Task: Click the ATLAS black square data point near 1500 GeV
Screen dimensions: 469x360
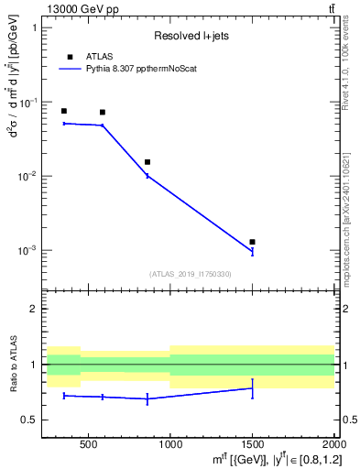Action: (x=252, y=242)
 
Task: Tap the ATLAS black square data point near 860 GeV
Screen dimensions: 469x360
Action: (x=147, y=162)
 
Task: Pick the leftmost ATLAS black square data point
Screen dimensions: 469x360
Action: (x=63, y=111)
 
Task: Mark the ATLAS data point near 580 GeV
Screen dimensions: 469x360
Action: (x=102, y=112)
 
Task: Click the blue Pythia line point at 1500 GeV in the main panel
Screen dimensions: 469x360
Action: (x=252, y=251)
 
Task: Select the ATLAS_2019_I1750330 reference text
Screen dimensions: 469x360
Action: (x=190, y=274)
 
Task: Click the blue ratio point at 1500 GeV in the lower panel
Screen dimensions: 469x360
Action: (x=252, y=388)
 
